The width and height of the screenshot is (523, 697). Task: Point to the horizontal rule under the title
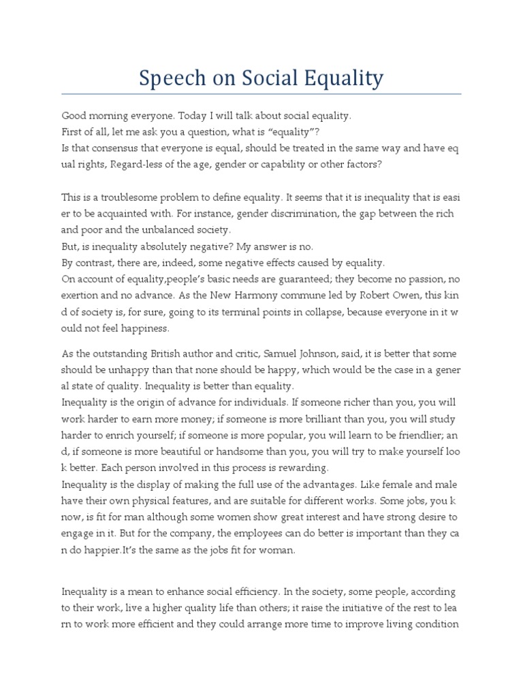coord(261,94)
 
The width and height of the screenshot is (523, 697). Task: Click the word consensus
coord(120,149)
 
